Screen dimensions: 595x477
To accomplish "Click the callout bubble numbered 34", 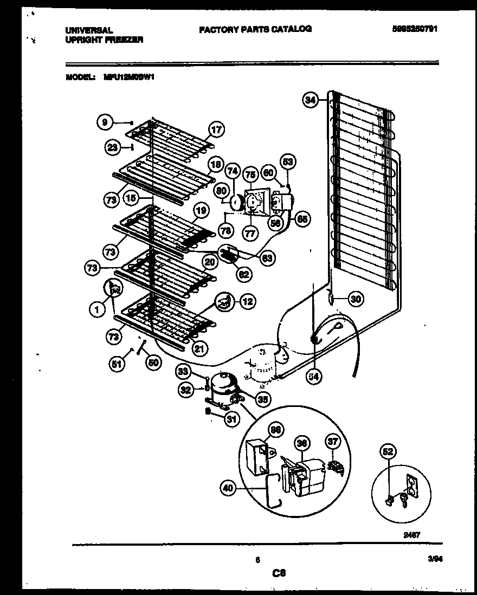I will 310,100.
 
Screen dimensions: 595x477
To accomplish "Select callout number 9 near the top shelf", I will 105,122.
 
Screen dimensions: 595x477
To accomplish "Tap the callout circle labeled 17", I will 216,130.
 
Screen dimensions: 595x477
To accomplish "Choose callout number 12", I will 247,302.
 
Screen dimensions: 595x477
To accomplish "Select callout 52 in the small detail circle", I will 388,451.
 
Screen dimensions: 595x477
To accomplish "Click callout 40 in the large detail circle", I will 229,488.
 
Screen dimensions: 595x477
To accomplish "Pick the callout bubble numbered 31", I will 232,419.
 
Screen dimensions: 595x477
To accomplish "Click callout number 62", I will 244,274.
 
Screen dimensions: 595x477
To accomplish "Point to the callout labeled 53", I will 288,161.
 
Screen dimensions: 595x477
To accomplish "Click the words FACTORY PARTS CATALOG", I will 255,30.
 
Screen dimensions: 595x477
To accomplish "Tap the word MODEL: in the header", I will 81,77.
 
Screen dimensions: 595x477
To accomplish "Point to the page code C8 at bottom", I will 279,573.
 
